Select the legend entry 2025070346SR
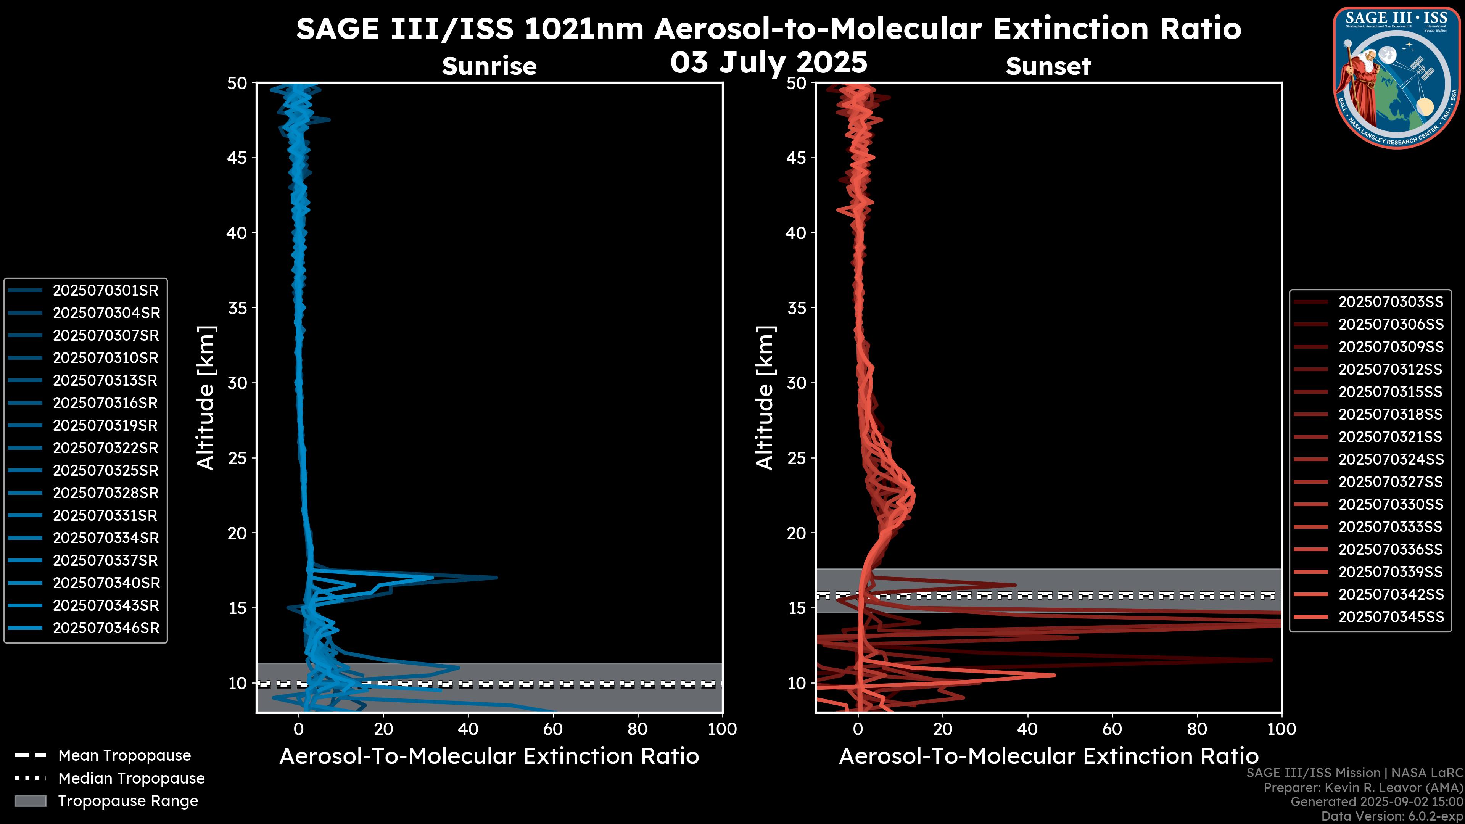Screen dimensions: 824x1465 (106, 628)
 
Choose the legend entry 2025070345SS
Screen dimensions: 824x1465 (1391, 617)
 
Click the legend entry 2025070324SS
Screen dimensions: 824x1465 (1391, 459)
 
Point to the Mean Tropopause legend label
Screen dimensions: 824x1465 (124, 756)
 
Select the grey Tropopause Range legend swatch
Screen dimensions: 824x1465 (30, 801)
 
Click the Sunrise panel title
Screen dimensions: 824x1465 (489, 66)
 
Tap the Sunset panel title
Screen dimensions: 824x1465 (1048, 66)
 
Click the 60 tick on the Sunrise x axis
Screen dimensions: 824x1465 (553, 729)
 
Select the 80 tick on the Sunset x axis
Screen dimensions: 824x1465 (1197, 729)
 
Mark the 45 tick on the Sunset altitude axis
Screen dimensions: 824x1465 (796, 158)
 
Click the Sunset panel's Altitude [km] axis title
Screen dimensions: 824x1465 (765, 398)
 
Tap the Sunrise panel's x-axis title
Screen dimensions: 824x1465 (489, 756)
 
